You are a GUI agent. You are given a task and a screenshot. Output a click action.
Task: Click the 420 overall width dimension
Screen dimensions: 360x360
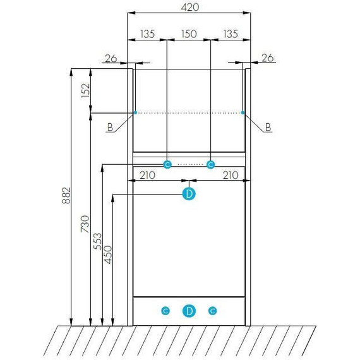coord(189,8)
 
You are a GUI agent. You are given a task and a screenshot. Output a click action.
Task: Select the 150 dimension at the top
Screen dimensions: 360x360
coord(189,34)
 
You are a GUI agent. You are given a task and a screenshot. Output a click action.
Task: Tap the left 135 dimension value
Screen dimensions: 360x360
coord(147,34)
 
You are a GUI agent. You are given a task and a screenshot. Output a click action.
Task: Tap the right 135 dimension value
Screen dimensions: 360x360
coord(231,34)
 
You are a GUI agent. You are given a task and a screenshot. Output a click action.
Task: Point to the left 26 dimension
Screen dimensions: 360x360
coord(111,59)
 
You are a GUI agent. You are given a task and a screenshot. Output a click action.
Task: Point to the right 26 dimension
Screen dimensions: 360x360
coord(268,58)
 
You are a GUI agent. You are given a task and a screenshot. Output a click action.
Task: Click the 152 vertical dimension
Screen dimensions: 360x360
coord(85,90)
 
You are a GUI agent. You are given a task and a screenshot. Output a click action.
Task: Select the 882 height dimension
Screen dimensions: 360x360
coord(66,195)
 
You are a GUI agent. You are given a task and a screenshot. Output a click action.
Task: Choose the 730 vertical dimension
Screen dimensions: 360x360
coord(85,224)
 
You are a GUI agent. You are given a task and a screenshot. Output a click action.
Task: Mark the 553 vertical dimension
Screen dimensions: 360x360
coord(97,241)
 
